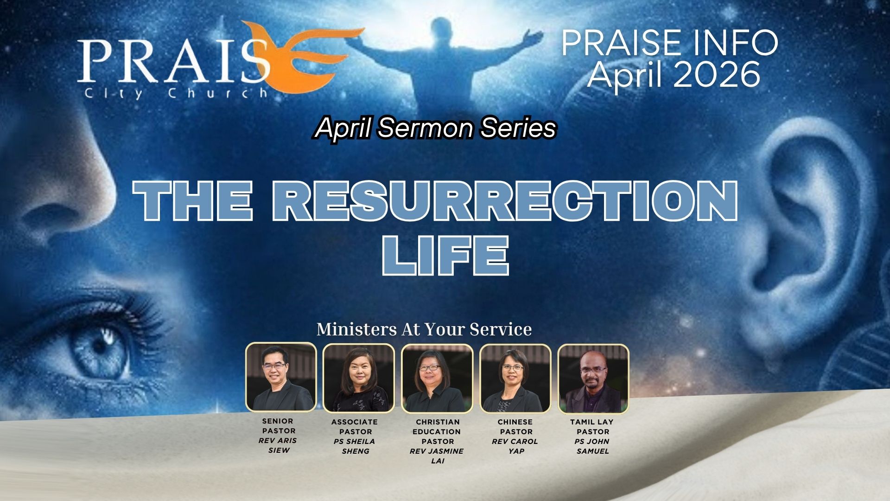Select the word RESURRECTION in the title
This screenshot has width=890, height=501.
[504, 200]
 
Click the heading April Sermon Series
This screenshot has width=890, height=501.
[435, 128]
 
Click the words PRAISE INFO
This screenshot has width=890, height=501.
[670, 43]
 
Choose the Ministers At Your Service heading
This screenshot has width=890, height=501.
[424, 329]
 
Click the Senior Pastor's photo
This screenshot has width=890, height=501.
[281, 377]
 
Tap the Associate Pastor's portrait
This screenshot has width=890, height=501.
[358, 378]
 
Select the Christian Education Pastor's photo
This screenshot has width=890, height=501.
[437, 378]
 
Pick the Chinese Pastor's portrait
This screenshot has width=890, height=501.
[515, 378]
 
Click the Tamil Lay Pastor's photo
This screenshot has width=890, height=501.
[593, 378]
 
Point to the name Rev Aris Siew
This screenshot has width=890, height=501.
[278, 445]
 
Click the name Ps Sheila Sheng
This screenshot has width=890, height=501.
[355, 446]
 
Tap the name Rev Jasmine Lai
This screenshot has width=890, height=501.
[437, 456]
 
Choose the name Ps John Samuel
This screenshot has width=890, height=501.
[592, 446]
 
